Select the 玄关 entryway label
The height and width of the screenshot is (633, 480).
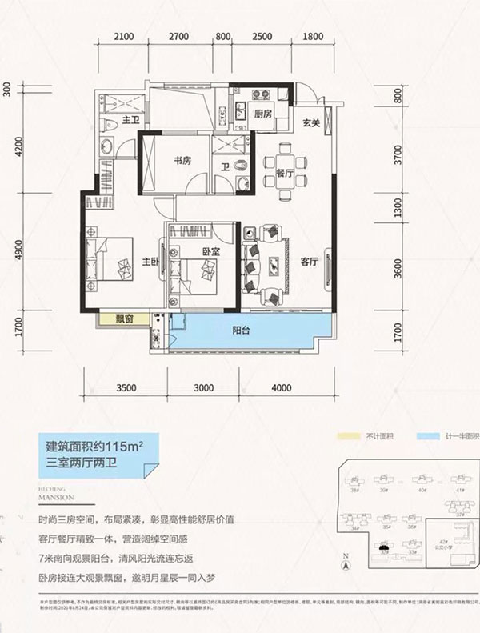coord(311,122)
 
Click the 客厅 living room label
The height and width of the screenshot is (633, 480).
coord(309,260)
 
